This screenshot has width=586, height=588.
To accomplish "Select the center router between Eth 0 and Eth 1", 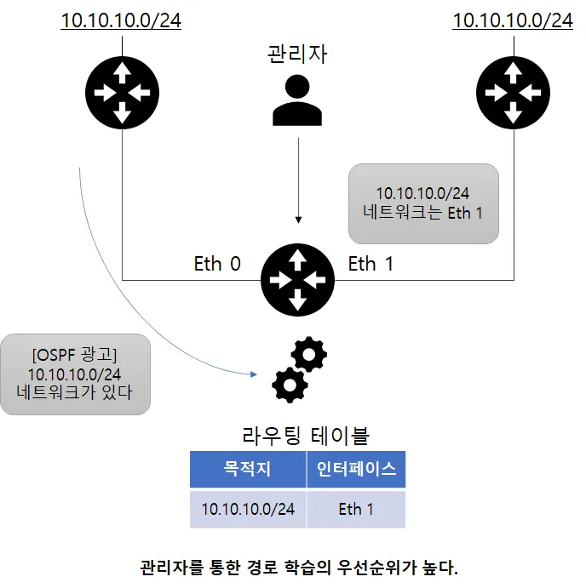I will click(296, 277).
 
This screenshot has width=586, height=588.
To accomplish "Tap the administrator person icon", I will click(296, 100).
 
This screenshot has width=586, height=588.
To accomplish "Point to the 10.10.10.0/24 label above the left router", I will click(121, 20).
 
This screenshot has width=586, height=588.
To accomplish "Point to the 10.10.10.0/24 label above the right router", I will click(513, 20).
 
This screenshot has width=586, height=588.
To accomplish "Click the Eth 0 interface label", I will click(217, 264).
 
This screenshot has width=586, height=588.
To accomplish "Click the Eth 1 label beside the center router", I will click(371, 264).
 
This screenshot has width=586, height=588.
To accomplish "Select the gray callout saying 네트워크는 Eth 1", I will click(423, 203).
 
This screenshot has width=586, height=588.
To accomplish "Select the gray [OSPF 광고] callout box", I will click(75, 374).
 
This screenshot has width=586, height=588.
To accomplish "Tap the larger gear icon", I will click(290, 385).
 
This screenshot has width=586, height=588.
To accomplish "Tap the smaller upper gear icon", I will click(308, 353).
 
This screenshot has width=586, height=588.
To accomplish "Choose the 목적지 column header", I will click(247, 469).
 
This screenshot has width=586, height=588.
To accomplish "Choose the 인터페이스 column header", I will click(356, 469).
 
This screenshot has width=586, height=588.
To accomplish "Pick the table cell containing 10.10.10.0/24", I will click(247, 509).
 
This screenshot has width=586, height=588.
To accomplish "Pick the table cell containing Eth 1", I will click(356, 509).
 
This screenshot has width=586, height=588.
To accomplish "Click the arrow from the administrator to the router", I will click(297, 183).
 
